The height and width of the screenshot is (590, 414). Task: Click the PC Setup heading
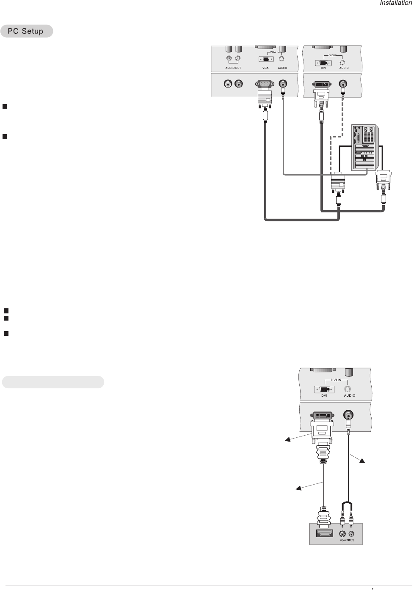(27, 31)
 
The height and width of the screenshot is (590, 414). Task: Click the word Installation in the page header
(395, 3)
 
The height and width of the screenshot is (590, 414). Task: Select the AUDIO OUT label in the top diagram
(233, 68)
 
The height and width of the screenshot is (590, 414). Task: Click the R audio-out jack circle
(229, 58)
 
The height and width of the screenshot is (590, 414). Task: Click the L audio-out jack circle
(238, 58)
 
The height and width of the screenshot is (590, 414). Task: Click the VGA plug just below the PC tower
(338, 182)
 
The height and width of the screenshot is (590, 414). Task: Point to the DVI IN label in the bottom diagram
(336, 380)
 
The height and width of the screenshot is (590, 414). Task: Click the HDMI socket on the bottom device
(323, 534)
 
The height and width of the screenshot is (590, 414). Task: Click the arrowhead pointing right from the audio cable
(361, 462)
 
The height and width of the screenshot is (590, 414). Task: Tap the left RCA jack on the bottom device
(342, 534)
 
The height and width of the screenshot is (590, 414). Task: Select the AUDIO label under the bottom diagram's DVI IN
(350, 395)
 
